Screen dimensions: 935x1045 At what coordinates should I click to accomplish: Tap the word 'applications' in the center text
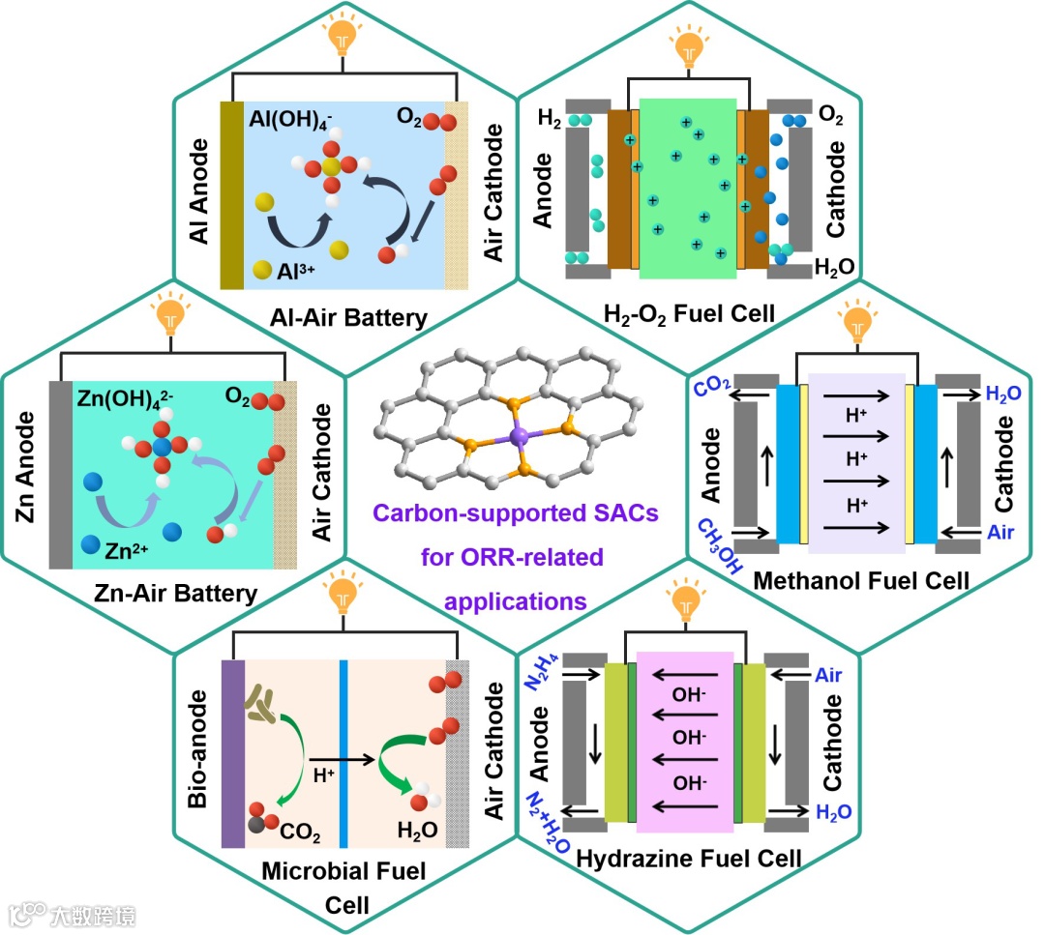click(516, 601)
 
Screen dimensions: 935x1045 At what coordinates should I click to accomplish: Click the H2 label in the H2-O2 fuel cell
click(548, 120)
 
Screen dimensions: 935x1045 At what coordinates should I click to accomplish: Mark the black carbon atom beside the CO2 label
click(254, 824)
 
